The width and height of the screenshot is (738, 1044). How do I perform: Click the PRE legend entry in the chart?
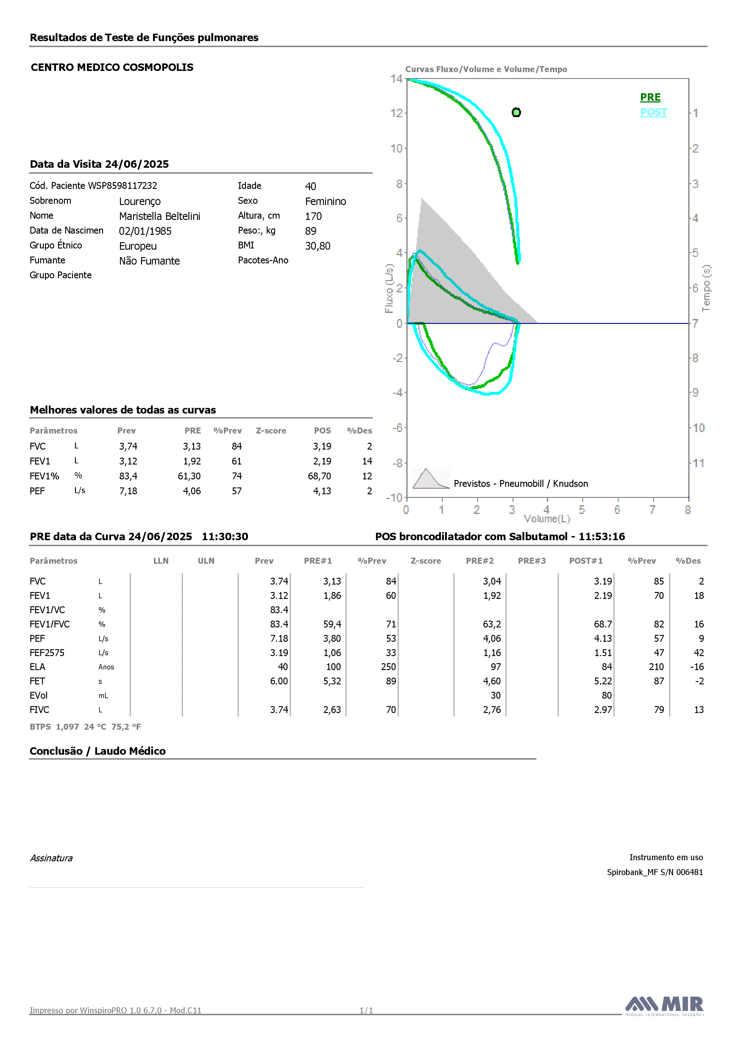pyautogui.click(x=650, y=97)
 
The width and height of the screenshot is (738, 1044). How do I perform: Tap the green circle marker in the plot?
pyautogui.click(x=516, y=112)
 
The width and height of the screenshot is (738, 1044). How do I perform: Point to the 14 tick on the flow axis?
pyautogui.click(x=396, y=79)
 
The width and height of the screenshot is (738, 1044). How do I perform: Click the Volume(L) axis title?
pyautogui.click(x=547, y=519)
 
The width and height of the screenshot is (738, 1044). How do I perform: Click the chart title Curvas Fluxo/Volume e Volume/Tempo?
pyautogui.click(x=486, y=69)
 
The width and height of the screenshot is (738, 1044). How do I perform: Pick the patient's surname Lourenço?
pyautogui.click(x=140, y=201)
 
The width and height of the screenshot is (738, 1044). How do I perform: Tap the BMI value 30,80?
pyautogui.click(x=318, y=246)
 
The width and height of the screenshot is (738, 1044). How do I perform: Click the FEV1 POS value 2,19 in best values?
pyautogui.click(x=322, y=461)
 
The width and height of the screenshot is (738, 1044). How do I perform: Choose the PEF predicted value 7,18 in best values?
pyautogui.click(x=128, y=491)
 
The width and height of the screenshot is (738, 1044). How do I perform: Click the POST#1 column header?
pyautogui.click(x=586, y=561)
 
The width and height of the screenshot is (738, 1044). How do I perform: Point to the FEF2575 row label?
pyautogui.click(x=47, y=652)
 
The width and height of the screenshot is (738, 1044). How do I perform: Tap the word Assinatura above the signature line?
pyautogui.click(x=51, y=858)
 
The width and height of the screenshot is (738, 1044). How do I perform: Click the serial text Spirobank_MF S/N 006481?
pyautogui.click(x=655, y=872)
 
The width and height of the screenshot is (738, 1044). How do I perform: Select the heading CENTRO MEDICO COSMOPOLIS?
pyautogui.click(x=112, y=67)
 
